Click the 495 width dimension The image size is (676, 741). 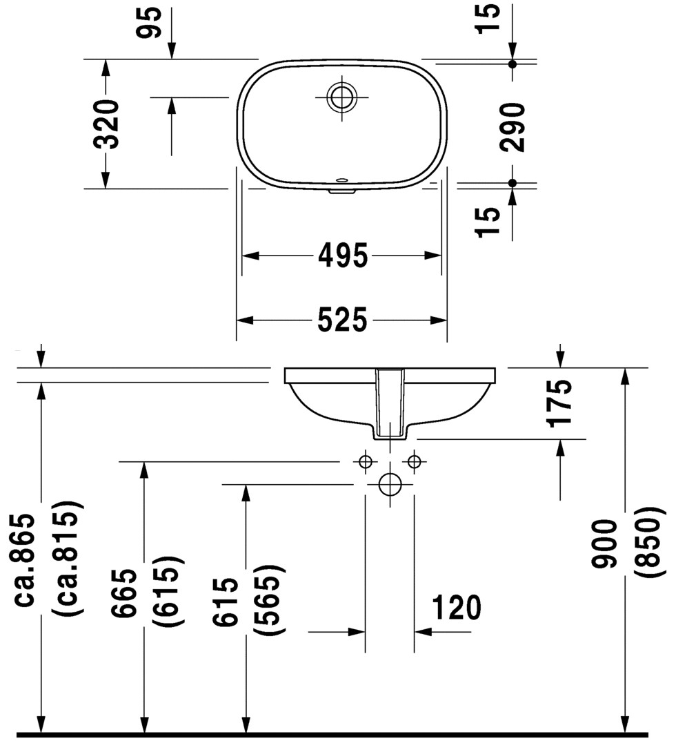[342, 256]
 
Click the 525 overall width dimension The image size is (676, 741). [342, 320]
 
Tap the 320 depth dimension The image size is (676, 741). [106, 124]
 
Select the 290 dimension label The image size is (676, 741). [513, 126]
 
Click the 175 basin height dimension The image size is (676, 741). [561, 403]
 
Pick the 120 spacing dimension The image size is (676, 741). [456, 608]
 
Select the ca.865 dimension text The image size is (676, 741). [25, 559]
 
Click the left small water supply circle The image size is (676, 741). [366, 461]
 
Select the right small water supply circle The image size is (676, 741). [414, 461]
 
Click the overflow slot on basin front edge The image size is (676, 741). [342, 185]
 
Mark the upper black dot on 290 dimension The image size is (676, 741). [512, 64]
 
